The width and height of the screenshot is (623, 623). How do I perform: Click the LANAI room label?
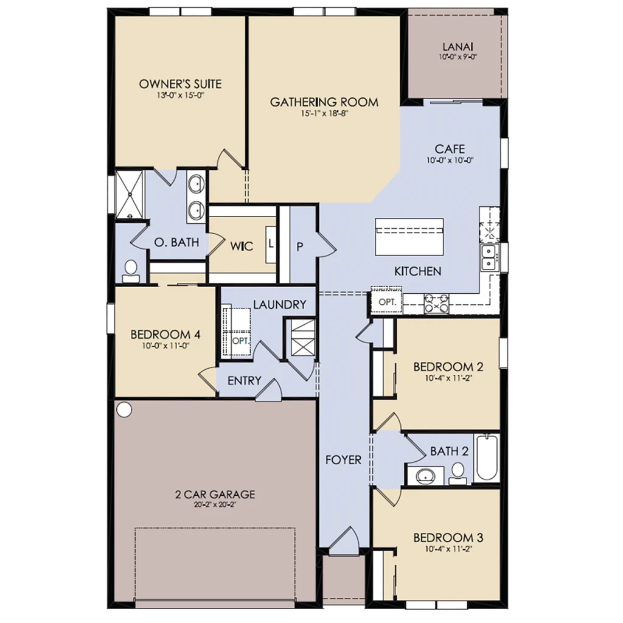tap(458, 47)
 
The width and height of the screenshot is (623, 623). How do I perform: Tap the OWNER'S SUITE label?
tap(180, 84)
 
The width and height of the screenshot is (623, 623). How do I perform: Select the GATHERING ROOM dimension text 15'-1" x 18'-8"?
tap(324, 114)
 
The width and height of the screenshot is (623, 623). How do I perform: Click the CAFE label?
tap(450, 149)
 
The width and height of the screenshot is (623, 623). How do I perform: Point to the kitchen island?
tap(409, 237)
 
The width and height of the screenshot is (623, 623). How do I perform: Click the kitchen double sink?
tap(489, 257)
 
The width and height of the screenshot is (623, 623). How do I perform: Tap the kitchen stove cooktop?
tap(436, 304)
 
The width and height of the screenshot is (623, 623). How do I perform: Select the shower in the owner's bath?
tap(129, 195)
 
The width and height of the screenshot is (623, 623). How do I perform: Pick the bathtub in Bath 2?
tap(486, 458)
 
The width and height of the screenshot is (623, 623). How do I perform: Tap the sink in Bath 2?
tap(425, 475)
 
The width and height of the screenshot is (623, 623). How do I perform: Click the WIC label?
tap(242, 246)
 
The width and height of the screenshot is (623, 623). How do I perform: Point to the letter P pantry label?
tap(300, 247)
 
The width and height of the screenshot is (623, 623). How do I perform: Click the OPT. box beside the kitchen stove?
tap(387, 302)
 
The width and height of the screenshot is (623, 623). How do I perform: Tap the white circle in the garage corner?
tap(124, 409)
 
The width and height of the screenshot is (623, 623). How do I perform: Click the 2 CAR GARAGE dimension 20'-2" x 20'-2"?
tap(215, 505)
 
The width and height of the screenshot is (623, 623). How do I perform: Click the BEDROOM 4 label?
tap(165, 335)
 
